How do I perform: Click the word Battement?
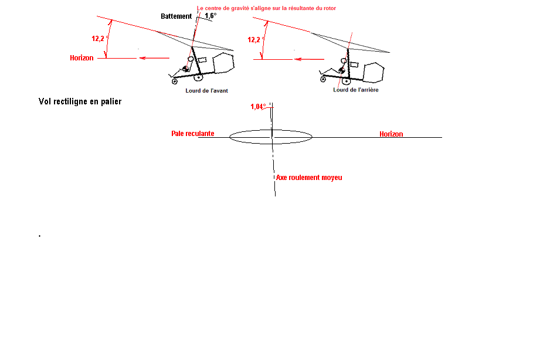pos(176,16)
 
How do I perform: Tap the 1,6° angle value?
pos(211,16)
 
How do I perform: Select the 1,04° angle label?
pos(258,107)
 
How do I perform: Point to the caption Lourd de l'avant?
pos(206,90)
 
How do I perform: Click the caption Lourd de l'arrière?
pos(356,90)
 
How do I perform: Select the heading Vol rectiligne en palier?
pos(80,101)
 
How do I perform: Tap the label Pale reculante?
pos(192,133)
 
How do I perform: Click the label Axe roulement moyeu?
pos(309,178)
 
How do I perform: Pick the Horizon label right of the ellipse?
pos(391,134)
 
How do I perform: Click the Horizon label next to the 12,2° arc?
pos(82,58)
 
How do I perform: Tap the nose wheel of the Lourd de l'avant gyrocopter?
pos(174,81)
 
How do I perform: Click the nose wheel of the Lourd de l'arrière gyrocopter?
pos(322,79)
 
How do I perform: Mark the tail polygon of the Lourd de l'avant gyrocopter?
pos(223,63)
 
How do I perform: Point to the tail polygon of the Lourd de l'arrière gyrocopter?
pos(374,73)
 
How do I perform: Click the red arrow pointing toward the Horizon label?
pos(154,58)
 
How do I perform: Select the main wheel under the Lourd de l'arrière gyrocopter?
pos(346,81)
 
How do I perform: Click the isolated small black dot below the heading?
pos(40,236)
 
